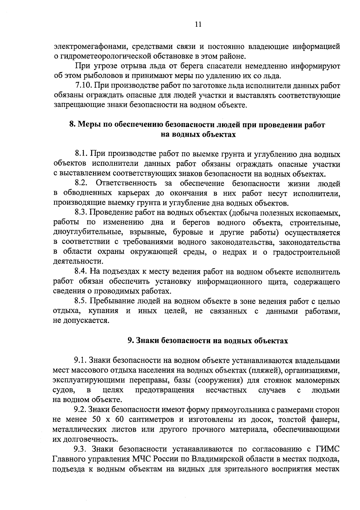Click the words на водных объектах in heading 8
198,135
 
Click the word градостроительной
306,252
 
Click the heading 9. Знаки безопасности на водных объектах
208,340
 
